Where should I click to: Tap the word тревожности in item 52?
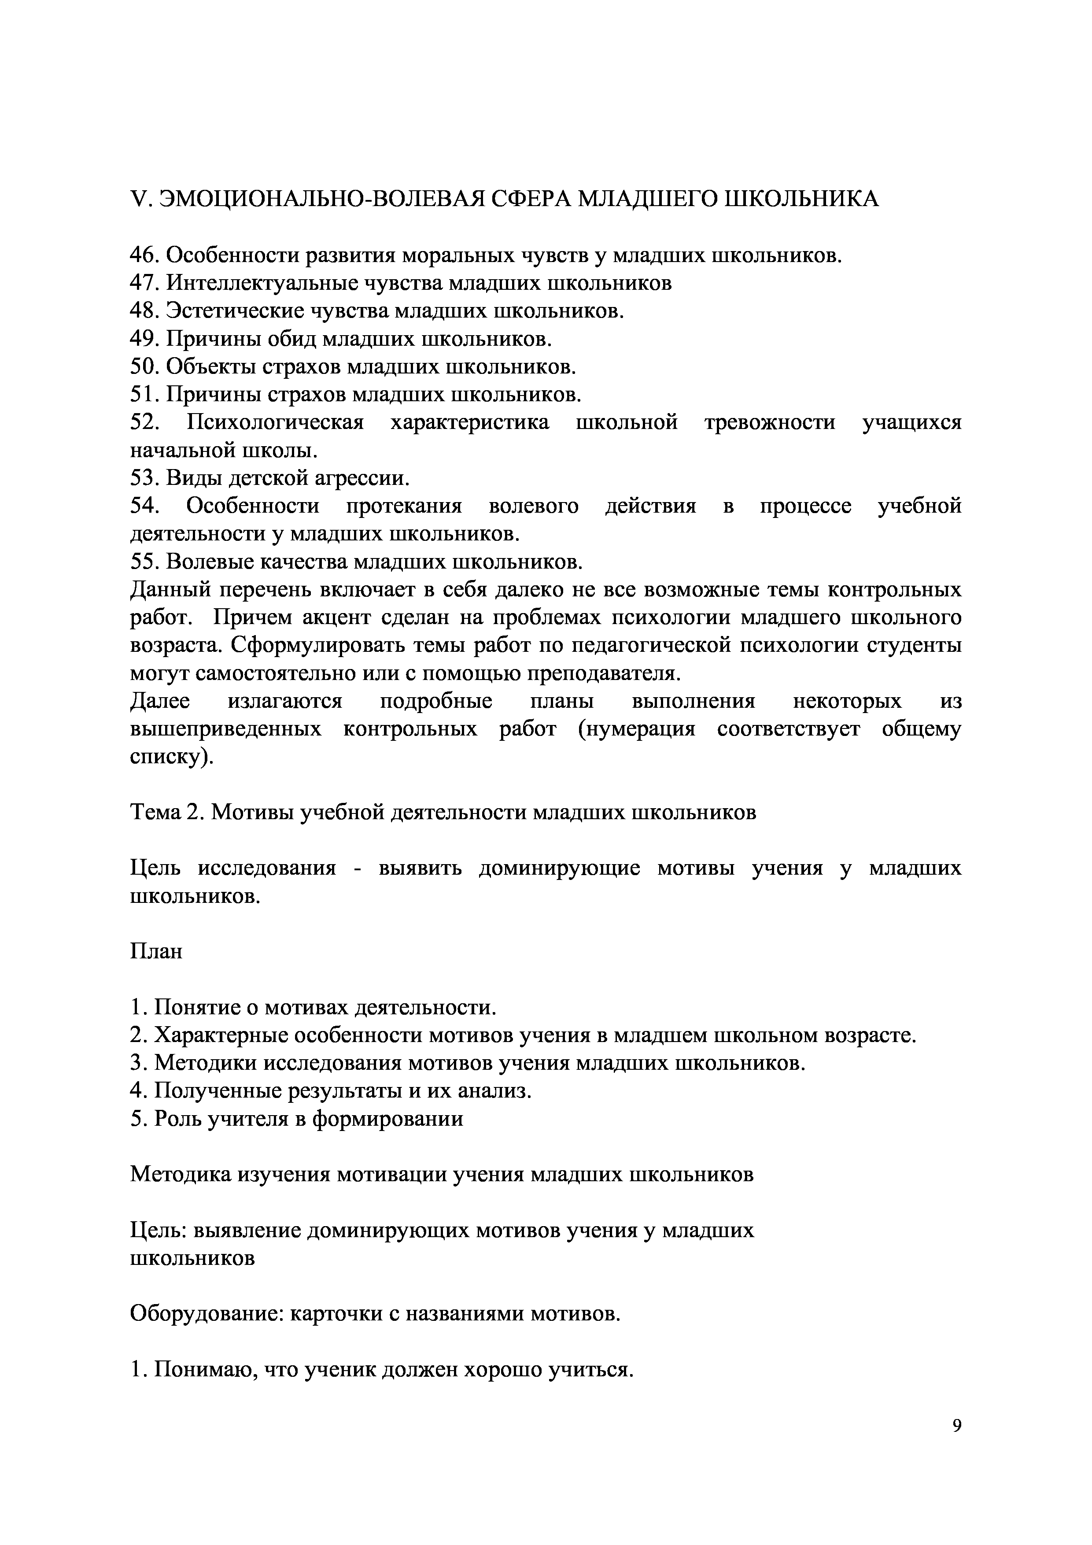(770, 423)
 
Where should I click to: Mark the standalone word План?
(155, 951)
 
